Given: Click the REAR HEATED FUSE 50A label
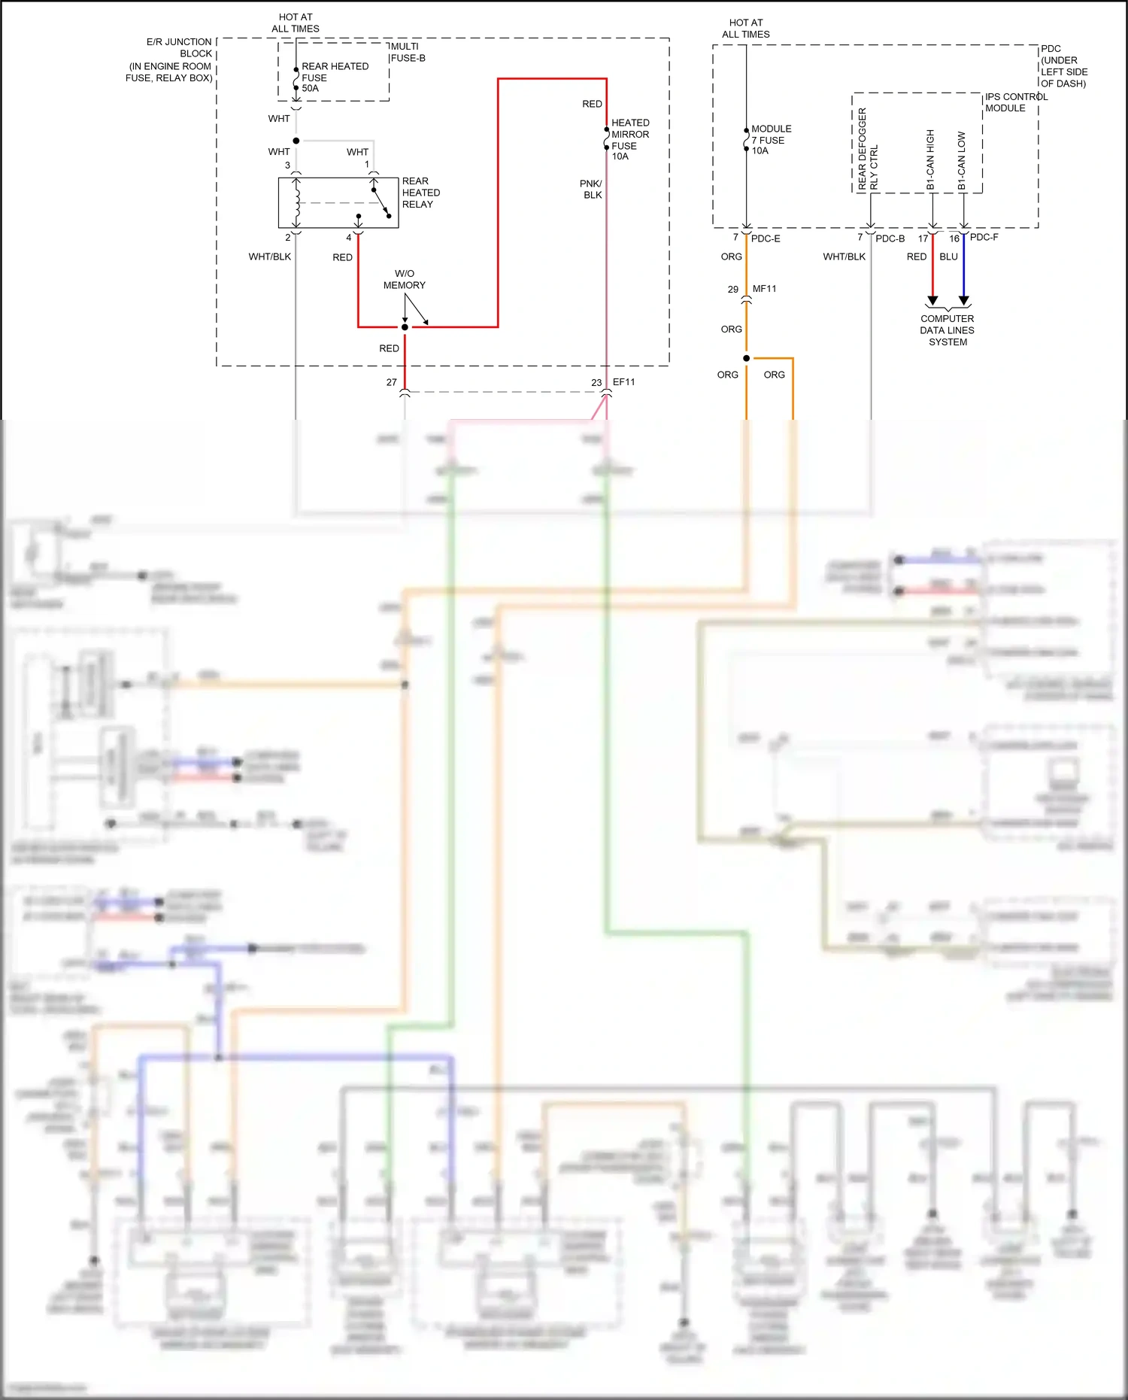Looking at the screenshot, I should (x=334, y=77).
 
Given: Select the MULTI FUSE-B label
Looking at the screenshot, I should (x=408, y=52).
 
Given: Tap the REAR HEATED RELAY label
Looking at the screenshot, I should (x=420, y=193).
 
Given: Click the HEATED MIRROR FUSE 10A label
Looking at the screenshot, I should (x=629, y=139).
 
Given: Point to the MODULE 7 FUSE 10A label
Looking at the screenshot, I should (x=770, y=140).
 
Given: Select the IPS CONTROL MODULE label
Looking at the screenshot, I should (x=1015, y=102).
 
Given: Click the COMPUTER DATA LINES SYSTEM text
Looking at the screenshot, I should (x=947, y=330).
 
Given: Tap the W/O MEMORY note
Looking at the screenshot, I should (x=404, y=279).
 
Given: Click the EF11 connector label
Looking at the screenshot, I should (x=623, y=382).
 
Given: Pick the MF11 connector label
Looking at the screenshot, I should (x=764, y=289).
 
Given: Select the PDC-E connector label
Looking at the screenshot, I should (x=766, y=238).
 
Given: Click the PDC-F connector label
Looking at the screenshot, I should (x=984, y=237).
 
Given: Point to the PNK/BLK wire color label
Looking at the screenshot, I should (x=591, y=189).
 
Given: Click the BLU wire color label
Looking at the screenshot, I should (x=948, y=257).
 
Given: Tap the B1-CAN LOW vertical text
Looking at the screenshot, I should (x=962, y=160).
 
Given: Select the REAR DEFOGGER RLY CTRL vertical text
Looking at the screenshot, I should (x=867, y=149).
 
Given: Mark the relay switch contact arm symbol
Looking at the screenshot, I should (x=381, y=203).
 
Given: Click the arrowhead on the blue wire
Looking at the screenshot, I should (x=963, y=300).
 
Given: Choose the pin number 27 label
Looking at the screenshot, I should (x=391, y=382).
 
